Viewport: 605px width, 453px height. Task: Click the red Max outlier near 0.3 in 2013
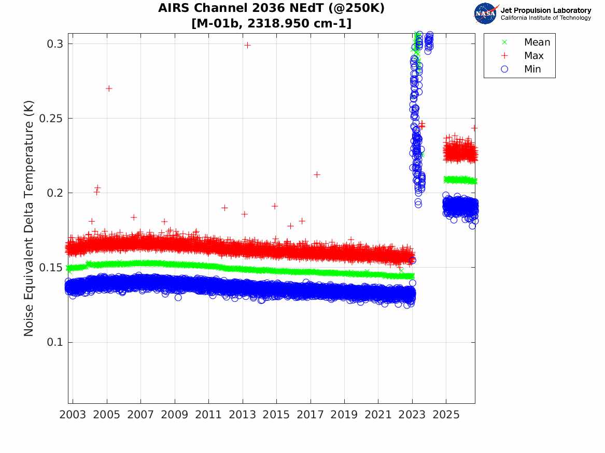click(247, 45)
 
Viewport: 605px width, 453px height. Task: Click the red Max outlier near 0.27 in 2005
click(109, 89)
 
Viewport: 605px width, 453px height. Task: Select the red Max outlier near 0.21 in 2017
click(317, 174)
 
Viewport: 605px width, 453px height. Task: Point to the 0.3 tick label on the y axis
click(55, 44)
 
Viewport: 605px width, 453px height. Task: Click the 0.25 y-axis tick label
click(51, 118)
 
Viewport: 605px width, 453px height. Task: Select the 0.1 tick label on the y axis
click(55, 342)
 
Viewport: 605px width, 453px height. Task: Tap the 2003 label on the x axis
click(73, 415)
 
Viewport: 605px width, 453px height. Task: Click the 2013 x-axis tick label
click(242, 415)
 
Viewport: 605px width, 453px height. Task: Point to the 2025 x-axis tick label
click(446, 415)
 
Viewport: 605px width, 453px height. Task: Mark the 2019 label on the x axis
click(344, 415)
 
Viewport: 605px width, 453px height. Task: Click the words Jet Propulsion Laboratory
click(546, 10)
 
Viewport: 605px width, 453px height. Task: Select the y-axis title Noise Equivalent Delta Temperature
click(29, 218)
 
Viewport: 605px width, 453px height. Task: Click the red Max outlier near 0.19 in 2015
click(275, 206)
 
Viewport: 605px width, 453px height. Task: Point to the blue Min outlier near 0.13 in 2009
click(178, 297)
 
